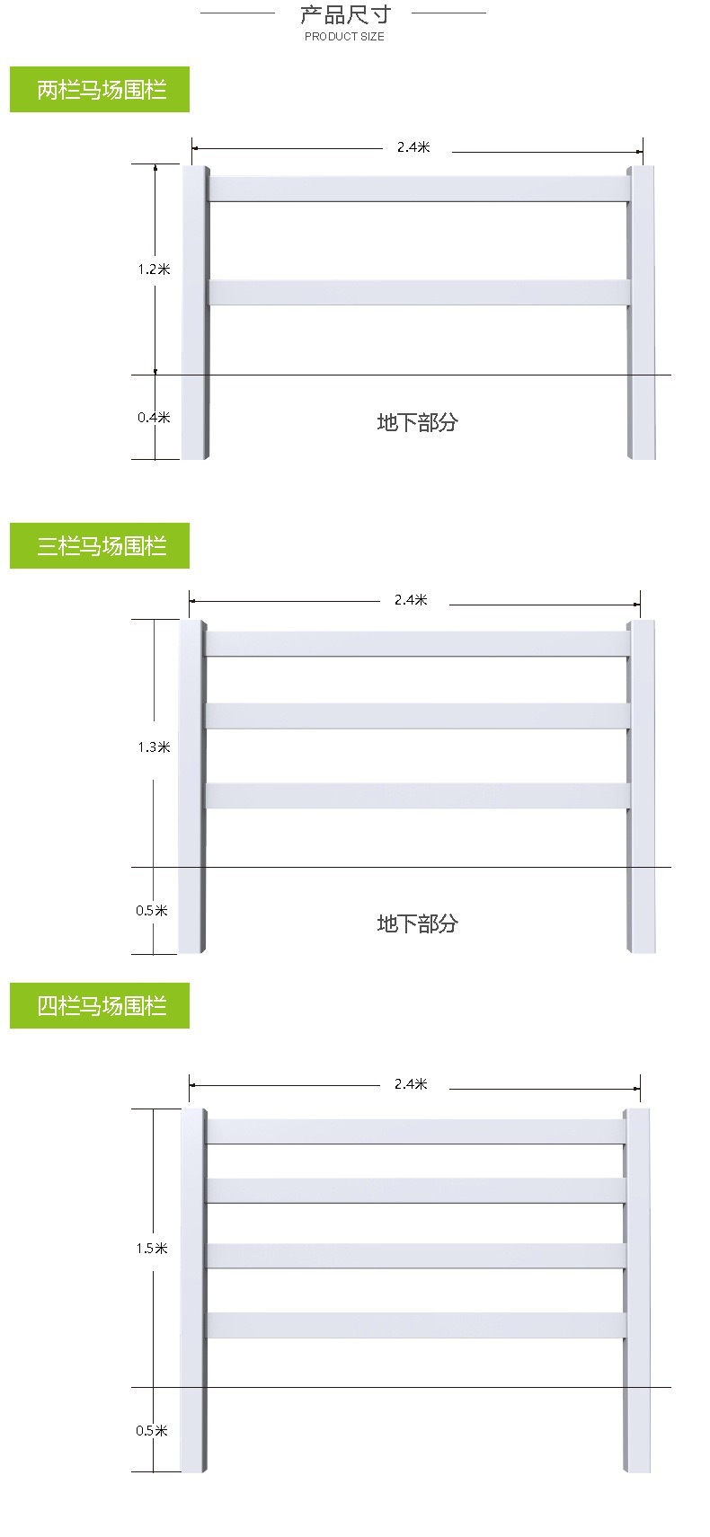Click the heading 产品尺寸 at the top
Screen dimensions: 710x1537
pos(345,13)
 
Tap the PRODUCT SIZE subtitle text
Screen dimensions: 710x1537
pos(345,36)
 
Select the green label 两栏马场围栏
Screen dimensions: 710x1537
pos(100,89)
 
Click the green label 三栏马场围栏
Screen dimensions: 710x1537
pos(100,545)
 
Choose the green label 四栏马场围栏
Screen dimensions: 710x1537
pos(100,1005)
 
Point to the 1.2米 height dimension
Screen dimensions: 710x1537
pos(154,269)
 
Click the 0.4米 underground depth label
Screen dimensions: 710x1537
pos(154,417)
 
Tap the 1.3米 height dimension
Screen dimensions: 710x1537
pos(154,746)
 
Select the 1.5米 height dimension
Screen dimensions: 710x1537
pos(152,1248)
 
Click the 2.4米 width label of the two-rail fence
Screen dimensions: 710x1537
pos(413,146)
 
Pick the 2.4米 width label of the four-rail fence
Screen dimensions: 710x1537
pos(411,1083)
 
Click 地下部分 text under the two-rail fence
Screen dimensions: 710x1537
pos(418,422)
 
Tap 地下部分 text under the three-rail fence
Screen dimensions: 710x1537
pos(418,923)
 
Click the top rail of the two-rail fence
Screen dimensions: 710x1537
pos(419,189)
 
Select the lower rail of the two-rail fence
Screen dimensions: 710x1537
pos(419,292)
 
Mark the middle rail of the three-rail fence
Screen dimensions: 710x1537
pos(418,716)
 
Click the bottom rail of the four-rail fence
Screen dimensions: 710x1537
pos(416,1325)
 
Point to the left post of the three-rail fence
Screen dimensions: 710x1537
pos(192,786)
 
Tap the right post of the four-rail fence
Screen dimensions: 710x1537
pos(636,1290)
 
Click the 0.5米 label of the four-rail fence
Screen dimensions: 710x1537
pos(152,1431)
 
